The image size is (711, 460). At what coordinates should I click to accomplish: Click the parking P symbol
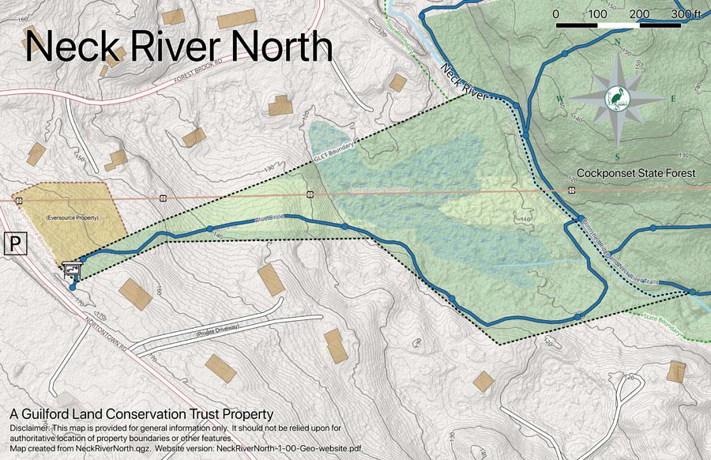coord(15,243)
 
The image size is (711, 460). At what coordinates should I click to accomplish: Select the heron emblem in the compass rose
coord(616,97)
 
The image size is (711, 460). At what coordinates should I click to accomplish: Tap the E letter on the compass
coord(673,99)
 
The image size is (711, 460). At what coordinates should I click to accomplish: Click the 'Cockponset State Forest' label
coord(636,173)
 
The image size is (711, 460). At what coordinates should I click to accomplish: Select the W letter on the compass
coord(559,98)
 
